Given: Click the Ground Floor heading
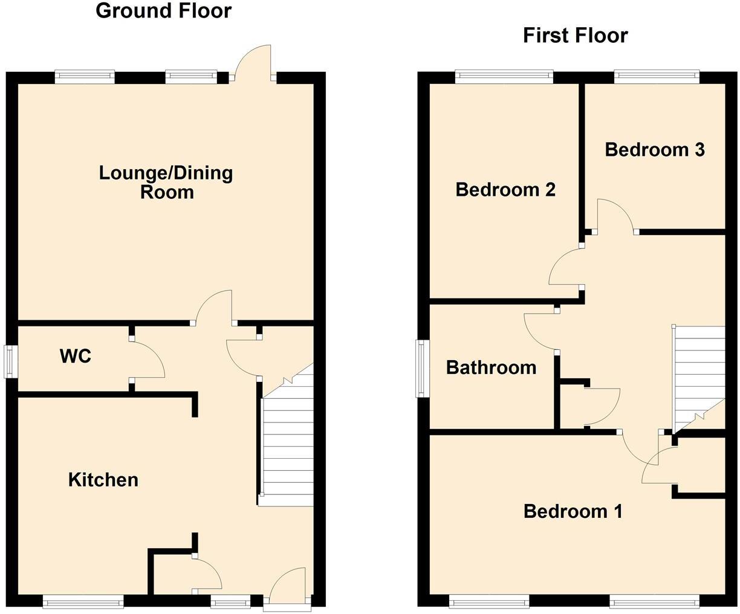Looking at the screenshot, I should [163, 11].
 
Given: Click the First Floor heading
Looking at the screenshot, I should [575, 36].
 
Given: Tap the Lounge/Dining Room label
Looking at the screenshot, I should [166, 182].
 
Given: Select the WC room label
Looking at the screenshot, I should [76, 356].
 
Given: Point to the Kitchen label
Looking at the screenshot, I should [103, 480].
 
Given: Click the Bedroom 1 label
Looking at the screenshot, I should [573, 512].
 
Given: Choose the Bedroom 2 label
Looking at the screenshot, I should [505, 190].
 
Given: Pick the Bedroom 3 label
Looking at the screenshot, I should [655, 149].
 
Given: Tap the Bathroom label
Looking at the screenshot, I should [491, 367].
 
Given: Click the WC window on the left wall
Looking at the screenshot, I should [11, 361].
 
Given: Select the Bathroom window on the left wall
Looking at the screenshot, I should [422, 369].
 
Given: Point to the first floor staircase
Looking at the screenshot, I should [698, 375].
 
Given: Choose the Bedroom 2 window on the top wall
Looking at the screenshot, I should [504, 76].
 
